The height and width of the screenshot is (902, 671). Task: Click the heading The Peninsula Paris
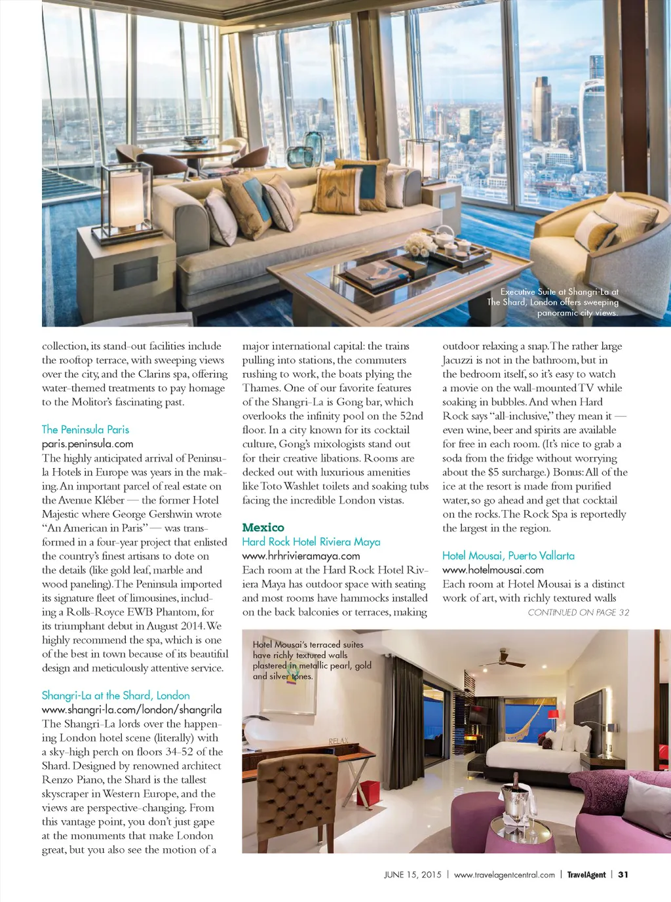coord(85,429)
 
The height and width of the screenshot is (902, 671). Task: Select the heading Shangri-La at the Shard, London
coord(115,695)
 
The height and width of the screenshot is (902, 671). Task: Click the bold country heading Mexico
coord(263,528)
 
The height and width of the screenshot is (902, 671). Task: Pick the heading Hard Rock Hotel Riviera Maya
coord(311,541)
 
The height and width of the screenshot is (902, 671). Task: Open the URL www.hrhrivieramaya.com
coord(301,556)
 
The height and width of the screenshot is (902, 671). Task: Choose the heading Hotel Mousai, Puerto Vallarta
coord(508,555)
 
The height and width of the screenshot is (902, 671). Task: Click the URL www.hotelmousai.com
coord(493,570)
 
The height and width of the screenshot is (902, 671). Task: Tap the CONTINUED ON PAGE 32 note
coord(578,612)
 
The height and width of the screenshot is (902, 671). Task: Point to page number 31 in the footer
coord(623,874)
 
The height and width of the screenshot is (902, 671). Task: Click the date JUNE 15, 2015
coord(412,874)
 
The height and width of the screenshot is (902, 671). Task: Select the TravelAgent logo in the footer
coord(586,874)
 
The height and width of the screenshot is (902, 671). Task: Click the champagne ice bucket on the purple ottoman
coord(515,800)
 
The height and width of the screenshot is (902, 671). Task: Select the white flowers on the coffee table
coord(419,246)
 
